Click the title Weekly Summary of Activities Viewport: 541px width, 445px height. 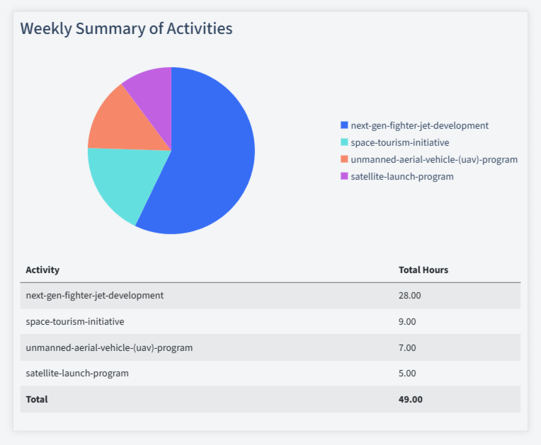point(126,28)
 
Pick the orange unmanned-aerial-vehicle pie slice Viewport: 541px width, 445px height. point(124,124)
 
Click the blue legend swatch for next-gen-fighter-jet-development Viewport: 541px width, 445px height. point(344,125)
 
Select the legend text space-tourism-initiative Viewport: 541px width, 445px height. point(399,142)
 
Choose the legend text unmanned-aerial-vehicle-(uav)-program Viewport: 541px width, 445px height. point(433,159)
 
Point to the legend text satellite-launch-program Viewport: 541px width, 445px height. point(402,176)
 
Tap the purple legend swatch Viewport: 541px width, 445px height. point(344,176)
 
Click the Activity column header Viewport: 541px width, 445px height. point(42,270)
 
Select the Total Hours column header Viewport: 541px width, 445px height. point(423,270)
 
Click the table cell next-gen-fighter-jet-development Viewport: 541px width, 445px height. point(94,295)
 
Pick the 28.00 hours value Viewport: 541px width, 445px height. point(409,295)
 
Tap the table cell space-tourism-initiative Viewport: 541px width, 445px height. point(74,321)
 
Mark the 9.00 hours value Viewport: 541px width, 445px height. point(407,321)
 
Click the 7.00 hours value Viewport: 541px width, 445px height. point(407,347)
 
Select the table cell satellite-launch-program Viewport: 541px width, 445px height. point(77,373)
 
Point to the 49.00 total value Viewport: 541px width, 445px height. point(410,399)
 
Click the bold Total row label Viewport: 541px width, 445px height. point(37,399)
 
